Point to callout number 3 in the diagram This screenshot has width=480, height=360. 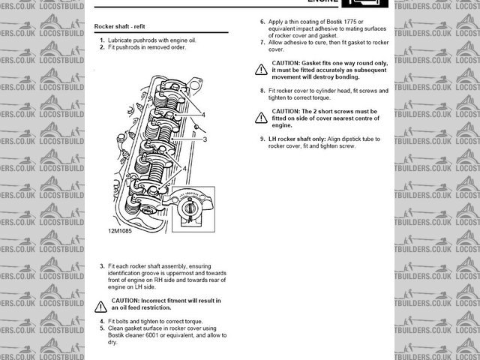204,139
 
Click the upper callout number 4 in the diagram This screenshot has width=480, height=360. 203,113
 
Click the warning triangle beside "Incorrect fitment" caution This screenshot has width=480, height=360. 101,306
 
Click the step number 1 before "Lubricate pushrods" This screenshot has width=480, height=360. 102,39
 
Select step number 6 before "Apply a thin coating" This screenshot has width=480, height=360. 262,22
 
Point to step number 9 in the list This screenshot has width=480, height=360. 262,139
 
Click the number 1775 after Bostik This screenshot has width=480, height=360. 355,22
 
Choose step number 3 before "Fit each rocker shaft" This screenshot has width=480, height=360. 102,266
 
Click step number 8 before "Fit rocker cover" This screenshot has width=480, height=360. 262,91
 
